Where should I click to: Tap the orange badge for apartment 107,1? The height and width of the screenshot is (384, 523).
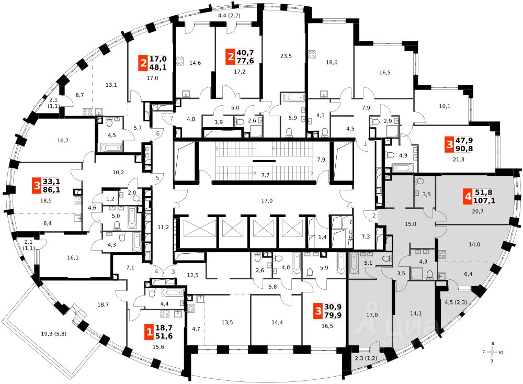point(467,197)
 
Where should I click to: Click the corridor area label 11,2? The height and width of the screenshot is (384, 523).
point(163,227)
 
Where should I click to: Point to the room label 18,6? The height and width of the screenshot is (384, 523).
point(332,62)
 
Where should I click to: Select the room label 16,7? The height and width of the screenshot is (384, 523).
point(63,141)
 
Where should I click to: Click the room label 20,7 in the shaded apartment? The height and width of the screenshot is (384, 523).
point(463,211)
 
